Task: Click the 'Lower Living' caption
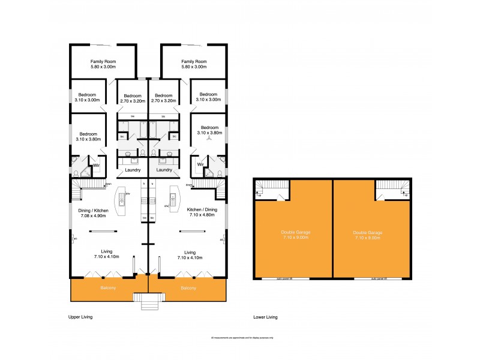point(265,316)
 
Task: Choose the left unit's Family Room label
point(103,64)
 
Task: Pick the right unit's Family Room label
point(194,64)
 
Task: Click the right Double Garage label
point(368,235)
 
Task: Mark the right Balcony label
point(188,289)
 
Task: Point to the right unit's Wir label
point(200,164)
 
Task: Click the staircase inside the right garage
point(391,191)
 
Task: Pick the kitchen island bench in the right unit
point(175,200)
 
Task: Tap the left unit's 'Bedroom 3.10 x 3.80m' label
point(88,136)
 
